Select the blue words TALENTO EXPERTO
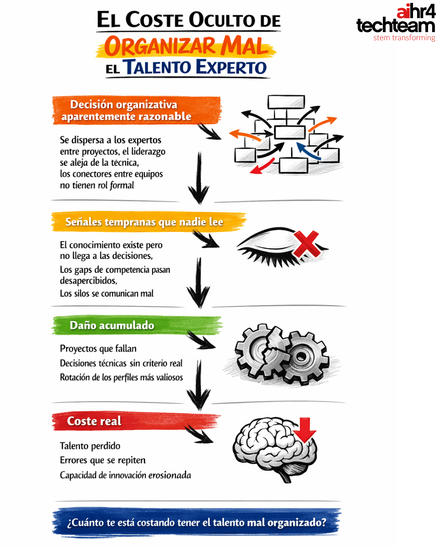click(x=195, y=67)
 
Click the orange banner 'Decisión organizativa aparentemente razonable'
click(x=136, y=110)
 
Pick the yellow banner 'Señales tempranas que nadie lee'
click(x=146, y=222)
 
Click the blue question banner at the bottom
click(x=196, y=522)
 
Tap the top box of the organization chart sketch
click(x=286, y=102)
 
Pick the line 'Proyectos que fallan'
click(x=98, y=349)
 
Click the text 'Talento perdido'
click(x=90, y=446)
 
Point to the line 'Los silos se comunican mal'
click(x=107, y=293)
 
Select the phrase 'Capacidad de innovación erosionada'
click(x=126, y=475)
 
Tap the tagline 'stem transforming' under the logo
click(x=404, y=38)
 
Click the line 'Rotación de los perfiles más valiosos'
click(x=122, y=378)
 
